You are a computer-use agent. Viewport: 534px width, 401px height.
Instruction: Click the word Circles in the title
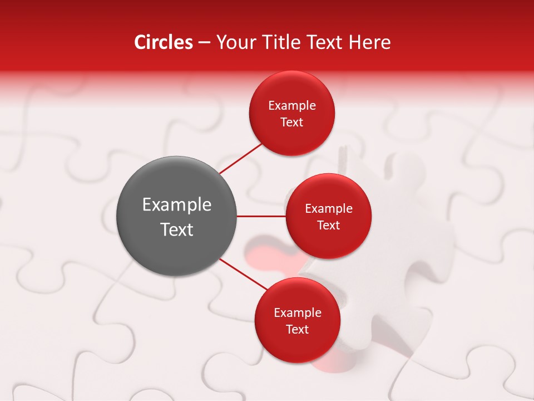[x=164, y=42]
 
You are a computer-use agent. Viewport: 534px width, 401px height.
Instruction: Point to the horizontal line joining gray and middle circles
[x=261, y=216]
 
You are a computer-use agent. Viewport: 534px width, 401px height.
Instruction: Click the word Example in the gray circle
[x=177, y=205]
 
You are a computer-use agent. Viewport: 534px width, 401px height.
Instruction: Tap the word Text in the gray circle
[x=177, y=229]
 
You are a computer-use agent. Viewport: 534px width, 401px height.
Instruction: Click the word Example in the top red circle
[x=292, y=106]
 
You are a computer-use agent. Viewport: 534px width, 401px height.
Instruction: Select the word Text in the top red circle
[x=292, y=123]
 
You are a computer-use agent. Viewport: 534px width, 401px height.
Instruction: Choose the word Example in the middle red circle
[x=329, y=209]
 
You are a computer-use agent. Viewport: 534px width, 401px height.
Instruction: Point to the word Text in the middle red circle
[x=329, y=226]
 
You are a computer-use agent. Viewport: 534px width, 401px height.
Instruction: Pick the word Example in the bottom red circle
[x=298, y=313]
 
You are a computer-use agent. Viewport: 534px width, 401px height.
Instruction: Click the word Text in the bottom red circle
[x=298, y=330]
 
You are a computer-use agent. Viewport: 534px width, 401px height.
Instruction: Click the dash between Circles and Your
[x=204, y=43]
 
